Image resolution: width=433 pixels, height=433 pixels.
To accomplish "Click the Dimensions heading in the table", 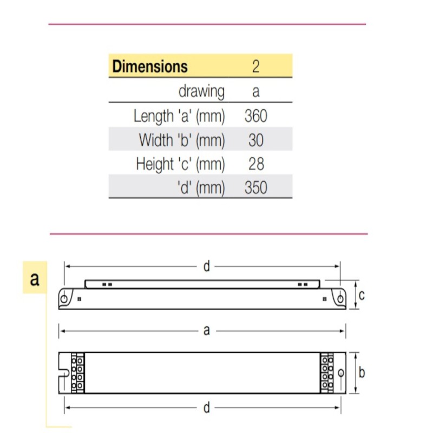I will click(149, 67).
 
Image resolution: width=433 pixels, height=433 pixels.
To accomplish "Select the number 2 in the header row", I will click(256, 67).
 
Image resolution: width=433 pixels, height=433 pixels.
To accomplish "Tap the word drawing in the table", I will click(201, 91).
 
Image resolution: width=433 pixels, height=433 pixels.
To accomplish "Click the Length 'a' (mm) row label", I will click(179, 116).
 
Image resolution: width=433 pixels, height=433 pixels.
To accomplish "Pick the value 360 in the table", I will click(256, 116).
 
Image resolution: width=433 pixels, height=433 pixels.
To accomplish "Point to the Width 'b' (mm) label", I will click(181, 140).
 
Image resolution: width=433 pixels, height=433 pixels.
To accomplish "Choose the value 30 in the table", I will click(256, 140).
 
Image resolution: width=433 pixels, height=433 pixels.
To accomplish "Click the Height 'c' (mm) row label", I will click(180, 163).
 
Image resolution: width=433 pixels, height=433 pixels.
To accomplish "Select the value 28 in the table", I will click(256, 163).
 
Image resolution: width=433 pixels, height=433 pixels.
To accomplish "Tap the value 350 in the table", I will click(256, 187).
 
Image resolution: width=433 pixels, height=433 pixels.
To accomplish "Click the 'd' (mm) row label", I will click(200, 187).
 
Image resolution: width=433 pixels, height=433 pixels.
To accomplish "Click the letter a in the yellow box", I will click(35, 279).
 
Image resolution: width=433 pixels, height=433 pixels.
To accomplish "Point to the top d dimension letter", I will click(206, 266).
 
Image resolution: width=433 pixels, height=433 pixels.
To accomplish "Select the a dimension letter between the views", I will click(206, 330).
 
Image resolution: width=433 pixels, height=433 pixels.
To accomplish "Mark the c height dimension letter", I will click(362, 295).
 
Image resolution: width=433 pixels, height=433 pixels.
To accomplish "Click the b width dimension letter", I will click(362, 373).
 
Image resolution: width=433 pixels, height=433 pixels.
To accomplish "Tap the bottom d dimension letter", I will click(206, 407).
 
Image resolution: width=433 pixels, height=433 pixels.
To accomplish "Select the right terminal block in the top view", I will click(327, 372).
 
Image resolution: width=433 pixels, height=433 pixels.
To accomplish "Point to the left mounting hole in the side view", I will click(64, 298).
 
